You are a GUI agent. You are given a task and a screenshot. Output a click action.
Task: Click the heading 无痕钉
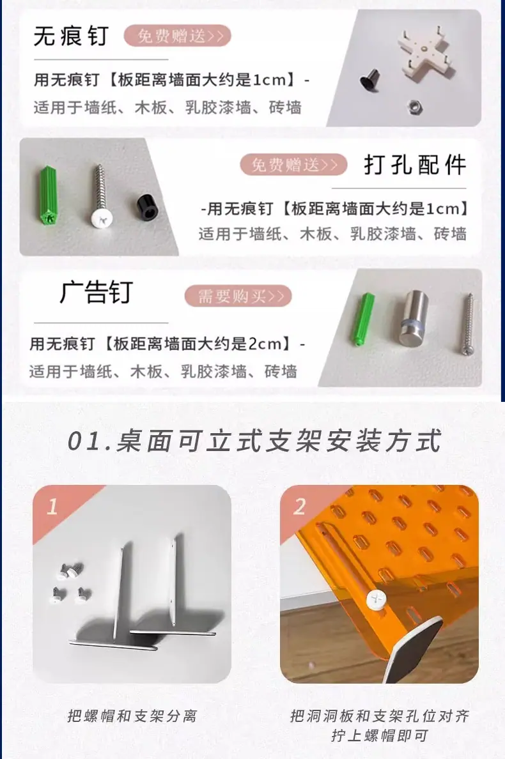point(71,36)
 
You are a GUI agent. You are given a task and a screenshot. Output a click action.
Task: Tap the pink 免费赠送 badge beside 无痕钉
point(177,36)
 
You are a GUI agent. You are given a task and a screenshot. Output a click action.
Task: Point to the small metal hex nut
point(414,106)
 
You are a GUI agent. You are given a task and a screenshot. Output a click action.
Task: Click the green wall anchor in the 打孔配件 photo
point(47,195)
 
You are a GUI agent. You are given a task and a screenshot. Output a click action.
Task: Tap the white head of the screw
point(103,220)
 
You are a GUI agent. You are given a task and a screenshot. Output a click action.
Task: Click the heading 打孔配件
point(415,165)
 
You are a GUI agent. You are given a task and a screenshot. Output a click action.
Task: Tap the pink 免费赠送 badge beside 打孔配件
point(293,165)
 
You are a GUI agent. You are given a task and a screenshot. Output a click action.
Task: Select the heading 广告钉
point(96,292)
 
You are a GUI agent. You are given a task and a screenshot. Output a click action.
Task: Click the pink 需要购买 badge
point(238,296)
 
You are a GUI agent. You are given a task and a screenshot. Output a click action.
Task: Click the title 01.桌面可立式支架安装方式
point(254,441)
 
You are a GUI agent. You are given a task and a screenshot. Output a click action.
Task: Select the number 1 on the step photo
point(52,507)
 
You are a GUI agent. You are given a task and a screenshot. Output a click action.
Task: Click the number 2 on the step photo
point(300,507)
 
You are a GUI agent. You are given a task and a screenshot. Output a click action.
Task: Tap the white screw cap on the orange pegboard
point(377,600)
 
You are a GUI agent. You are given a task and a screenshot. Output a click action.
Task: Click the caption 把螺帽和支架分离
point(132,716)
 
